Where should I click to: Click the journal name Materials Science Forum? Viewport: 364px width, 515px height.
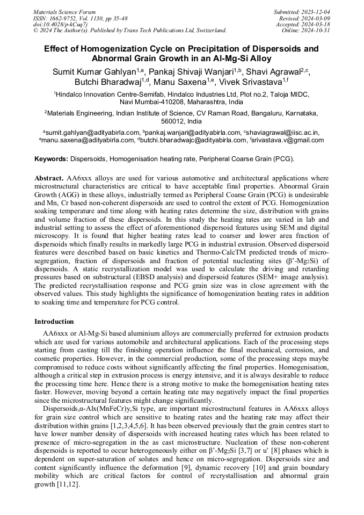pyautogui.click(x=64, y=11)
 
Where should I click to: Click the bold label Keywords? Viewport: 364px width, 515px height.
pyautogui.click(x=52, y=159)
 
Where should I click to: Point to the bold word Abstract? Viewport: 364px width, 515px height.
pyautogui.click(x=49, y=178)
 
